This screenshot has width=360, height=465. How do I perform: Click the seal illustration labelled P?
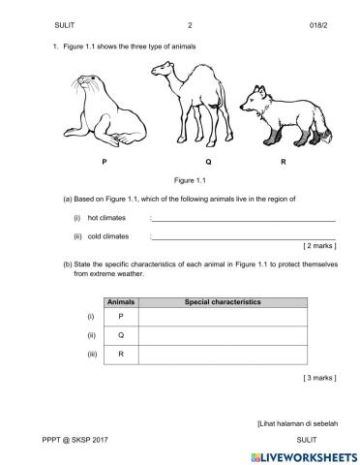pyautogui.click(x=103, y=110)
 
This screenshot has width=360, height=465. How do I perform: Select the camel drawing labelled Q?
pyautogui.click(x=191, y=101)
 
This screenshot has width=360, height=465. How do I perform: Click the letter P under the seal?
pyautogui.click(x=104, y=160)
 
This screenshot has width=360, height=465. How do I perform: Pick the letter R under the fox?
pyautogui.click(x=283, y=160)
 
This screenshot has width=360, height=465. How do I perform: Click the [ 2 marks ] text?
pyautogui.click(x=319, y=246)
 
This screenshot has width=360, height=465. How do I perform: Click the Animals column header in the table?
pyautogui.click(x=121, y=302)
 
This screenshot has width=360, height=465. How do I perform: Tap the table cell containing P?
pyautogui.click(x=121, y=317)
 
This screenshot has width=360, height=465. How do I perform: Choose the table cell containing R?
pyautogui.click(x=121, y=356)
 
